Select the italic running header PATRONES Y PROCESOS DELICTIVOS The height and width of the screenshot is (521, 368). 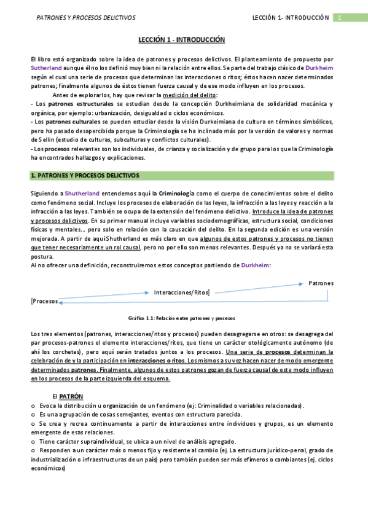pos(86,18)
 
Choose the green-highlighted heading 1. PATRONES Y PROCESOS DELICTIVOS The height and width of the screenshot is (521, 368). pos(85,176)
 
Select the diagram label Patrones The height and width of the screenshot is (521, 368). pos(321,283)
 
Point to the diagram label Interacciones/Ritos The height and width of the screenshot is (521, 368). pos(182,292)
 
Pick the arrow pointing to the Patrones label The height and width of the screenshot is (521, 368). pos(258,287)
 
